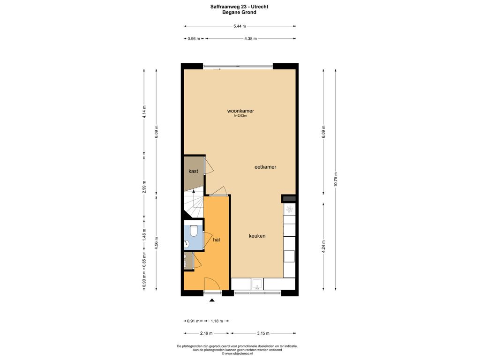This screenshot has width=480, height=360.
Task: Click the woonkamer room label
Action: pyautogui.click(x=240, y=111)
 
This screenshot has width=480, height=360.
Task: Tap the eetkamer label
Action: pyautogui.click(x=265, y=167)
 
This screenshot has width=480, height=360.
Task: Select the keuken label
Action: pyautogui.click(x=257, y=236)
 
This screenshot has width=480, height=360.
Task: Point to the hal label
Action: pyautogui.click(x=217, y=240)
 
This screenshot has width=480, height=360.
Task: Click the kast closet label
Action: pyautogui.click(x=193, y=171)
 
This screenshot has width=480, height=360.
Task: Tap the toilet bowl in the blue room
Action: pyautogui.click(x=194, y=231)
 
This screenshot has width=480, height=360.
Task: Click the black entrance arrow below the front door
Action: pyautogui.click(x=212, y=300)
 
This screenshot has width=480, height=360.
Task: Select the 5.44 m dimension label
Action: pyautogui.click(x=240, y=26)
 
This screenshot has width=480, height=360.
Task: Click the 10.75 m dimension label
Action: pyautogui.click(x=336, y=179)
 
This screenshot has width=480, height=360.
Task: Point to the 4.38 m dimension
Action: pyautogui.click(x=250, y=38)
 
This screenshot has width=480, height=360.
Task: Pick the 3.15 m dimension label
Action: pyautogui.click(x=263, y=333)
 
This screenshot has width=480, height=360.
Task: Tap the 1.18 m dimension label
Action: pyautogui.click(x=217, y=321)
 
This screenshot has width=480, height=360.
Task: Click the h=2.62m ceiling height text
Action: pyautogui.click(x=240, y=116)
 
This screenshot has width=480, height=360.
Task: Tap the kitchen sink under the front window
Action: pyautogui.click(x=257, y=284)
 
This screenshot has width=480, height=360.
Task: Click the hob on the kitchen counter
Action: pyautogui.click(x=290, y=210)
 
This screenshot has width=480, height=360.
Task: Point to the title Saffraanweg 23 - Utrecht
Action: pyautogui.click(x=240, y=7)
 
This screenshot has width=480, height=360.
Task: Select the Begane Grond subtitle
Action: pyautogui.click(x=240, y=12)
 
